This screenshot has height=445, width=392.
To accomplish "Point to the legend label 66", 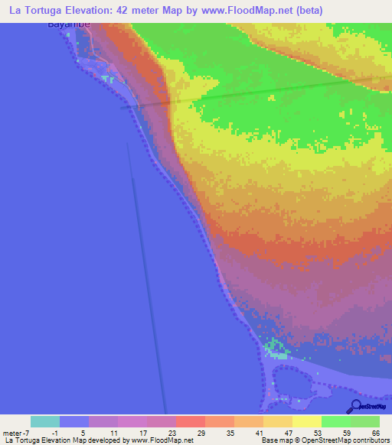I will [375, 434].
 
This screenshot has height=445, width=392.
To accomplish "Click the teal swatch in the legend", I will [45, 421].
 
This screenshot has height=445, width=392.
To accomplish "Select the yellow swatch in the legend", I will [307, 421].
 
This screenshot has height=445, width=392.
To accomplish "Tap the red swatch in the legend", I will [191, 421].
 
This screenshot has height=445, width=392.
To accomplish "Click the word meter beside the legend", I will [13, 434].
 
